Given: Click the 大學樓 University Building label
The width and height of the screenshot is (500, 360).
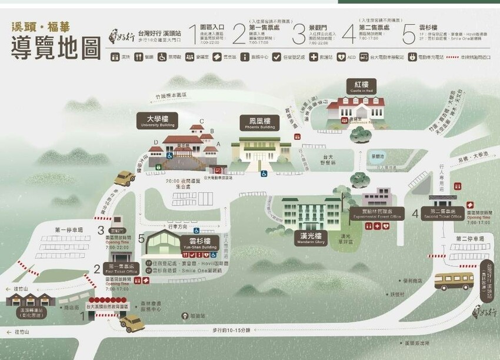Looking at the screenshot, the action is (x=157, y=121).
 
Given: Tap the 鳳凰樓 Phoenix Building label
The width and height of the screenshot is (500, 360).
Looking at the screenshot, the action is (x=259, y=123).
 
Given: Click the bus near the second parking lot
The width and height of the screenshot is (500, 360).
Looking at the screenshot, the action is (x=454, y=281).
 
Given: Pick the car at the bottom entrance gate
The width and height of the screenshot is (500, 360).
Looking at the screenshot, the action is (x=132, y=323).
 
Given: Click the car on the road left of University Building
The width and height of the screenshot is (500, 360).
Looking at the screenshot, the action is (x=124, y=178).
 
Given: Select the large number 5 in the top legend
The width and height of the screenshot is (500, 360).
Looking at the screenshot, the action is (x=409, y=34).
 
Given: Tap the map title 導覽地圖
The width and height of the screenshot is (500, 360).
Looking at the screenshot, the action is (x=56, y=49).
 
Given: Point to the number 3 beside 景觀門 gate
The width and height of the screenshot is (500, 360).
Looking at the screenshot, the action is (x=101, y=230).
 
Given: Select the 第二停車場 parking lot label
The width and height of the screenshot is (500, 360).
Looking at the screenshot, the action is (x=469, y=239).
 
